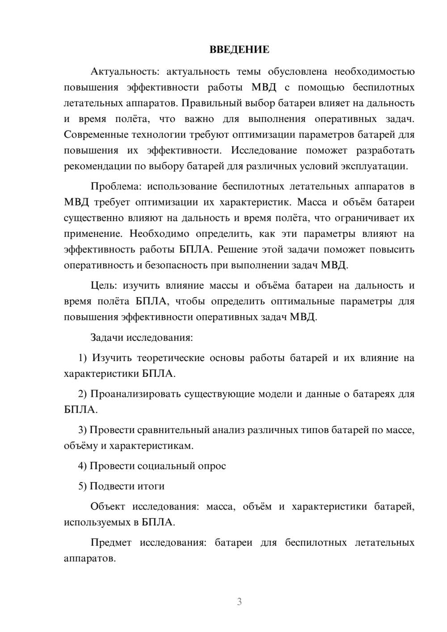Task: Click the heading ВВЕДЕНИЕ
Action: point(239,50)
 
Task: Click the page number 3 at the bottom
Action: point(239,602)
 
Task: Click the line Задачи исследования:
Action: point(141,337)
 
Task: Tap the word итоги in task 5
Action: point(151,486)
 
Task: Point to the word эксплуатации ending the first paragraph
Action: point(380,166)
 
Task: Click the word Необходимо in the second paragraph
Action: point(159,234)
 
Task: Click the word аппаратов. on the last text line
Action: point(90,559)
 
